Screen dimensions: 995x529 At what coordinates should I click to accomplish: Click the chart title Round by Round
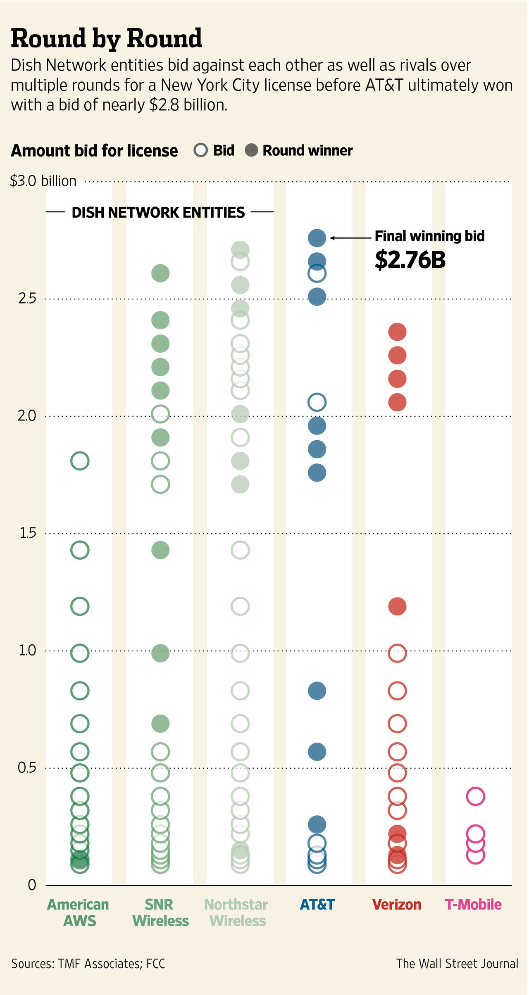pyautogui.click(x=106, y=38)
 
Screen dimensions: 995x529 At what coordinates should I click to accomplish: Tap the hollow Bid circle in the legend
pyautogui.click(x=201, y=150)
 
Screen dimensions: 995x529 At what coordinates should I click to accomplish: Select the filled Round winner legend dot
pyautogui.click(x=251, y=150)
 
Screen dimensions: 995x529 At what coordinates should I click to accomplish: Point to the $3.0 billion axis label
pyautogui.click(x=43, y=181)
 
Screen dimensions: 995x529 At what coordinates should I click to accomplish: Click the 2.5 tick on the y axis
pyautogui.click(x=27, y=298)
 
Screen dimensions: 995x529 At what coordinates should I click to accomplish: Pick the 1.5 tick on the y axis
pyautogui.click(x=28, y=533)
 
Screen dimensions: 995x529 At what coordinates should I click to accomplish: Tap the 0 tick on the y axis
pyautogui.click(x=32, y=885)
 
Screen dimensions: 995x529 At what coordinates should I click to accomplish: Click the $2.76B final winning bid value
pyautogui.click(x=410, y=260)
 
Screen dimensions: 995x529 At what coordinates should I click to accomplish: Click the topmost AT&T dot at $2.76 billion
pyautogui.click(x=317, y=237)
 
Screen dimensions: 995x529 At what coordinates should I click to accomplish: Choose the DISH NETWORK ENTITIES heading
pyautogui.click(x=158, y=212)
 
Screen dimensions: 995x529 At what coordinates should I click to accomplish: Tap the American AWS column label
pyautogui.click(x=79, y=912)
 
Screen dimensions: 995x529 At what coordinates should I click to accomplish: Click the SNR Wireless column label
pyautogui.click(x=160, y=912)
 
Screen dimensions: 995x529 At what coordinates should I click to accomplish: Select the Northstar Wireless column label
pyautogui.click(x=237, y=912)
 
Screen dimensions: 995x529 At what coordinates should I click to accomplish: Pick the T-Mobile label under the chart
pyautogui.click(x=473, y=905)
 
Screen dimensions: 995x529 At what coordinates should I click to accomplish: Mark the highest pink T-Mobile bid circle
pyautogui.click(x=475, y=796)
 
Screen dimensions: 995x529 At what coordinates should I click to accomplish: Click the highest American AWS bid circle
pyautogui.click(x=80, y=461)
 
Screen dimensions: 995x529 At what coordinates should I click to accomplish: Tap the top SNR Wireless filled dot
pyautogui.click(x=160, y=273)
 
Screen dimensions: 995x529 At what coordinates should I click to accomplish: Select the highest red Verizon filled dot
pyautogui.click(x=397, y=332)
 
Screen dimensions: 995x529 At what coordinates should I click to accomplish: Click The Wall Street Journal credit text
pyautogui.click(x=457, y=964)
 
